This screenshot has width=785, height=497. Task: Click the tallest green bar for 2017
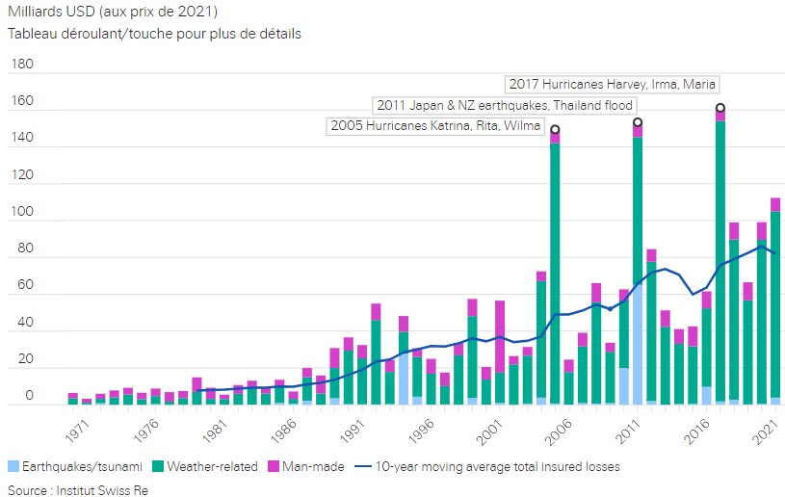click(x=720, y=260)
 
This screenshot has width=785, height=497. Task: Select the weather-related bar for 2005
click(x=555, y=270)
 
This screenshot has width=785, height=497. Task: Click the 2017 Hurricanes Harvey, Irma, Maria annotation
click(x=613, y=84)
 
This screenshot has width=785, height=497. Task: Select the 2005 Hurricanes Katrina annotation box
click(x=434, y=126)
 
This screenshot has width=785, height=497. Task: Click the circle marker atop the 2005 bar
click(x=555, y=129)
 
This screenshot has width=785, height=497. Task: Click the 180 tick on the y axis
click(x=21, y=65)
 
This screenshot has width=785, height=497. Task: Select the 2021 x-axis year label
click(x=765, y=427)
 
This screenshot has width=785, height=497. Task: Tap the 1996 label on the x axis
click(x=421, y=427)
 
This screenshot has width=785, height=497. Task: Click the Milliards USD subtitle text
click(x=113, y=12)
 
